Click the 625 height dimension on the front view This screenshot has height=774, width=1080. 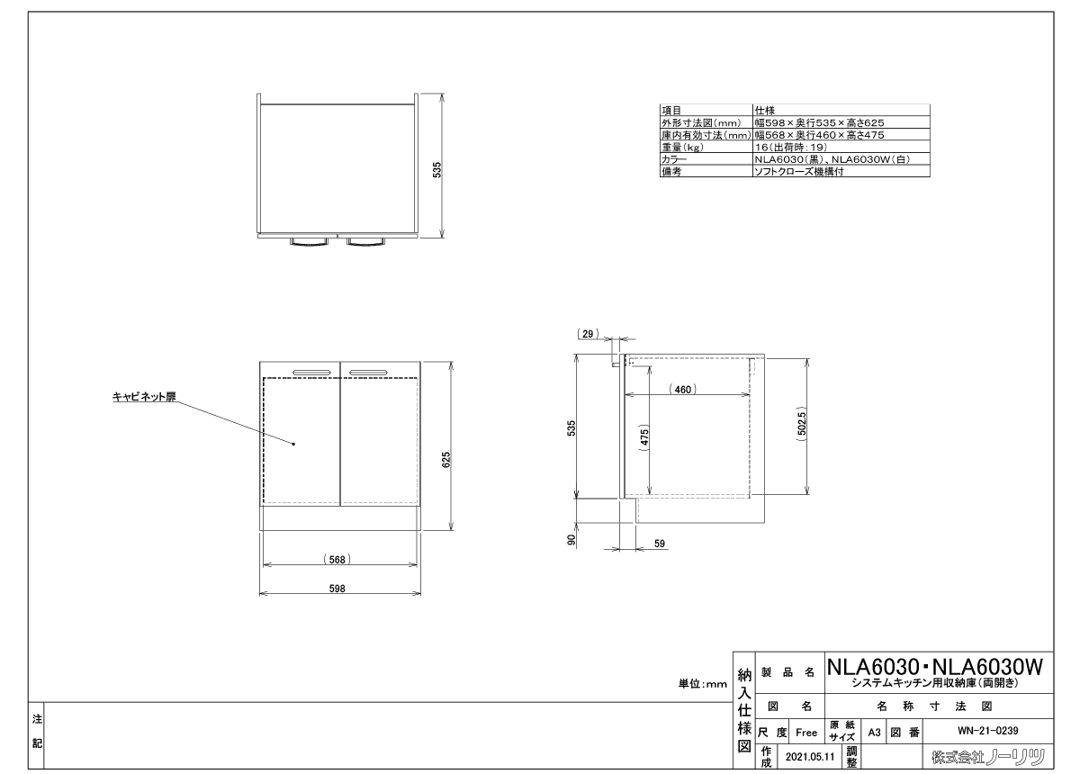(x=446, y=460)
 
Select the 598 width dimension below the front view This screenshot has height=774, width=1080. (x=337, y=589)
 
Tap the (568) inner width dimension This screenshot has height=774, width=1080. (x=337, y=560)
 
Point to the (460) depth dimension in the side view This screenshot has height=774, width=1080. (x=683, y=389)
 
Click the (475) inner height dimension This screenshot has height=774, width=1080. (x=644, y=437)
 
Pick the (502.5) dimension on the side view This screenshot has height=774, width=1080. (x=801, y=423)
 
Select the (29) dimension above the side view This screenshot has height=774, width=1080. (x=588, y=334)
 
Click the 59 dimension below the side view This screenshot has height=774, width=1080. (x=660, y=544)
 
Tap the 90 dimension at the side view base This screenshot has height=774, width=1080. (x=571, y=540)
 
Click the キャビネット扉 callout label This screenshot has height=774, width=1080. (x=144, y=397)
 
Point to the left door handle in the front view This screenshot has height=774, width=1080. (x=311, y=373)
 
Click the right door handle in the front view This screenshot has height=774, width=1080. (x=368, y=373)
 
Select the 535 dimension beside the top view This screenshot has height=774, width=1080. (x=436, y=170)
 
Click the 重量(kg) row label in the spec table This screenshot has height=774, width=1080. (x=682, y=147)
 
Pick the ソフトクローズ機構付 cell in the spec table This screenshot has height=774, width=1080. (x=799, y=171)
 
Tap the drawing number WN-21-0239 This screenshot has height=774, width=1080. (x=988, y=731)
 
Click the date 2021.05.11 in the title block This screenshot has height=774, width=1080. (x=810, y=757)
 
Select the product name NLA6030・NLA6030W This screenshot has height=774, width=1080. (x=935, y=668)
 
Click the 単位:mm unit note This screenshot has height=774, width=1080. (x=703, y=684)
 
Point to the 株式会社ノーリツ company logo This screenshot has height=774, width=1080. (x=988, y=757)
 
